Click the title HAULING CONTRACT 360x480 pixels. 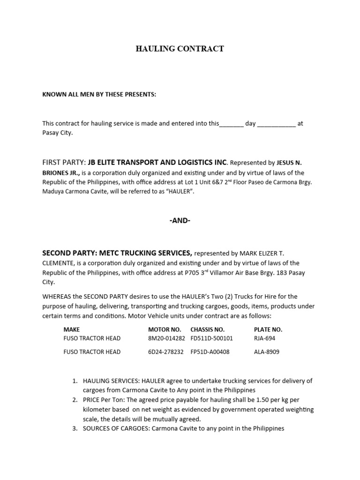pos(180,49)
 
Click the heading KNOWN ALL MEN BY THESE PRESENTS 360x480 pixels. pos(99,94)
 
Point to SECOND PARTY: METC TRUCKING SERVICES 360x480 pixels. pos(117,253)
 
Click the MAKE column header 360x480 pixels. pos(72,330)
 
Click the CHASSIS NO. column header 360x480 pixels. pos(208,330)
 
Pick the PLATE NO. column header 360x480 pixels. pos(268,330)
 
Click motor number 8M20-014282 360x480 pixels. pos(166,338)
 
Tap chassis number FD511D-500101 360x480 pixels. pos(211,338)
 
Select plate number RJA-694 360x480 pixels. pos(265,338)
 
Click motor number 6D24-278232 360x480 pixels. pos(166,352)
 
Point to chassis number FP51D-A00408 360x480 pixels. pos(210,352)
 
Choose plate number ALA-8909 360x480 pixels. pos(267,352)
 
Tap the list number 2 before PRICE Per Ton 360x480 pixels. pos(75,400)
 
